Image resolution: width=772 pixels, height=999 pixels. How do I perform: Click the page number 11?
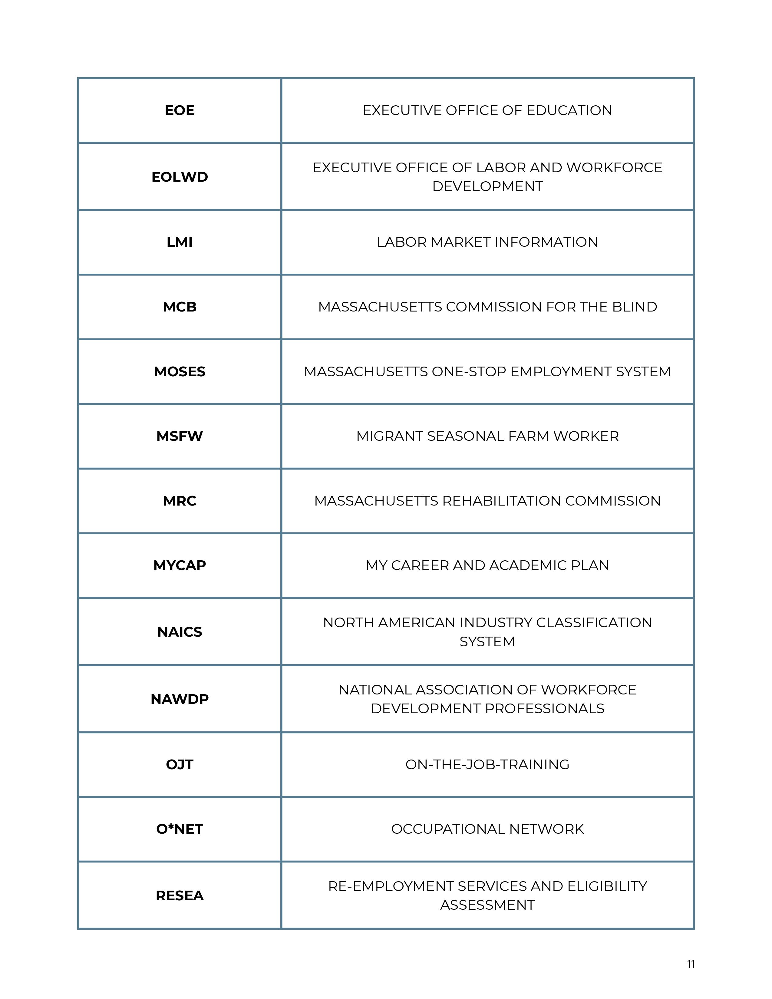(x=691, y=964)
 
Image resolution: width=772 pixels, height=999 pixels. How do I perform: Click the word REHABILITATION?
(x=501, y=501)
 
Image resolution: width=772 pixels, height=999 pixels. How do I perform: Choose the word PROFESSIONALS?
(x=544, y=709)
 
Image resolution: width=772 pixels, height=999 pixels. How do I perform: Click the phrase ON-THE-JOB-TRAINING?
(x=487, y=764)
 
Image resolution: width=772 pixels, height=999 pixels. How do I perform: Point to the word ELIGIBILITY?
(x=607, y=886)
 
